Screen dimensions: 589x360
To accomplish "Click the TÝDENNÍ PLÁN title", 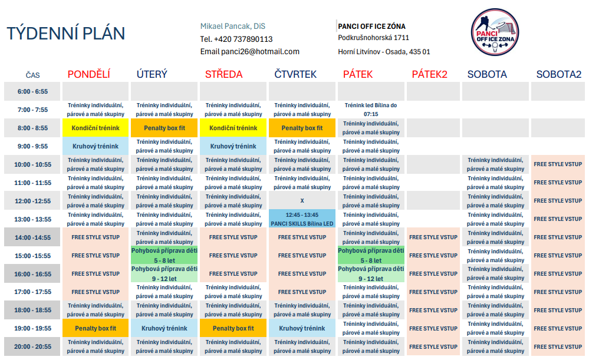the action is click(65, 34).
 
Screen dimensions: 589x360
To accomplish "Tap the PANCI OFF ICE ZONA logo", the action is click(495, 32).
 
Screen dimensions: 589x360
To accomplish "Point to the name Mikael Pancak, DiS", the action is click(232, 27).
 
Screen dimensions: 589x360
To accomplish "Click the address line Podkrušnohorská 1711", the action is click(373, 38).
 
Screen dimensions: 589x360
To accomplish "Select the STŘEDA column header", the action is click(224, 74).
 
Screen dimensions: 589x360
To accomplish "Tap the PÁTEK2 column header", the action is click(429, 74).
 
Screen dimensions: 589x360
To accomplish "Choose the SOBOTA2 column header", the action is click(558, 74).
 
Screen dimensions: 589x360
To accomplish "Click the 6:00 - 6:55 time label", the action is click(32, 91).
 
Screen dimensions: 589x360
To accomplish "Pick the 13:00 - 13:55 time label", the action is click(32, 219).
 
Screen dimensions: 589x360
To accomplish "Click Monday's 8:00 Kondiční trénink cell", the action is click(96, 128).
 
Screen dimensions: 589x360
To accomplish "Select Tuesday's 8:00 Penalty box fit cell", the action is click(164, 128).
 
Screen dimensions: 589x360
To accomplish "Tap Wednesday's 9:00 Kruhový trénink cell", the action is click(233, 146).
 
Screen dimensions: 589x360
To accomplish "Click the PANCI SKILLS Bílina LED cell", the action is click(302, 219).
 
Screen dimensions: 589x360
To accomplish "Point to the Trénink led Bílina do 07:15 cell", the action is click(371, 110).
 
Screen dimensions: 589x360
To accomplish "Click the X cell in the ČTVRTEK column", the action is click(302, 201).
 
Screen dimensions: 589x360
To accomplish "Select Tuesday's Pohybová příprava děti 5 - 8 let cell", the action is click(164, 255).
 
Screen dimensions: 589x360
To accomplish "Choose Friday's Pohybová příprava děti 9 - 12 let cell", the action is click(371, 273).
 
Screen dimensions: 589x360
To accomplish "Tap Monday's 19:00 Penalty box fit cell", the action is click(96, 328).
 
